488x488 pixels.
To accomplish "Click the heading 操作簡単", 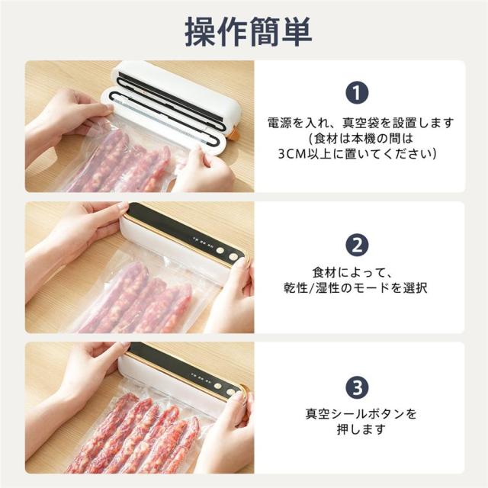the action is pos(249,32).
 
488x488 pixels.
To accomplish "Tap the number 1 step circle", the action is pos(357,92).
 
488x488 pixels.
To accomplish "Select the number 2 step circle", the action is pos(357,245).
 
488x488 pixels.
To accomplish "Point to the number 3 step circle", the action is pos(357,387).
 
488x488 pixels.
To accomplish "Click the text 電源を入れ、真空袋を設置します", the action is pos(361,123).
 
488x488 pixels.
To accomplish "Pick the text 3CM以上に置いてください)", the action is pos(357,153).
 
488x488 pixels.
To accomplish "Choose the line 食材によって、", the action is pos(352,273).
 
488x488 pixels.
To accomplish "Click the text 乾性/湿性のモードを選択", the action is pos(355,288).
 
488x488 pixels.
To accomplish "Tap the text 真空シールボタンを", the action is pos(361,414).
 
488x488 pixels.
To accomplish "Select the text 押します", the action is pos(361,429).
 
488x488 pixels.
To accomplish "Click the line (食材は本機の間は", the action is pos(361,138).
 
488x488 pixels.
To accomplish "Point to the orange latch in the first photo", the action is pos(233,134).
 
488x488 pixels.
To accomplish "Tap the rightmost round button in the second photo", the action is pos(233,256).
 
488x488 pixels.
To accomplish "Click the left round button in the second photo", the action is pos(220,250).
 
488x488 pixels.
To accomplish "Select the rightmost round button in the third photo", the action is pos(230,392).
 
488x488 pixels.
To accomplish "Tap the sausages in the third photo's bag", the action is pos(134,435).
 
